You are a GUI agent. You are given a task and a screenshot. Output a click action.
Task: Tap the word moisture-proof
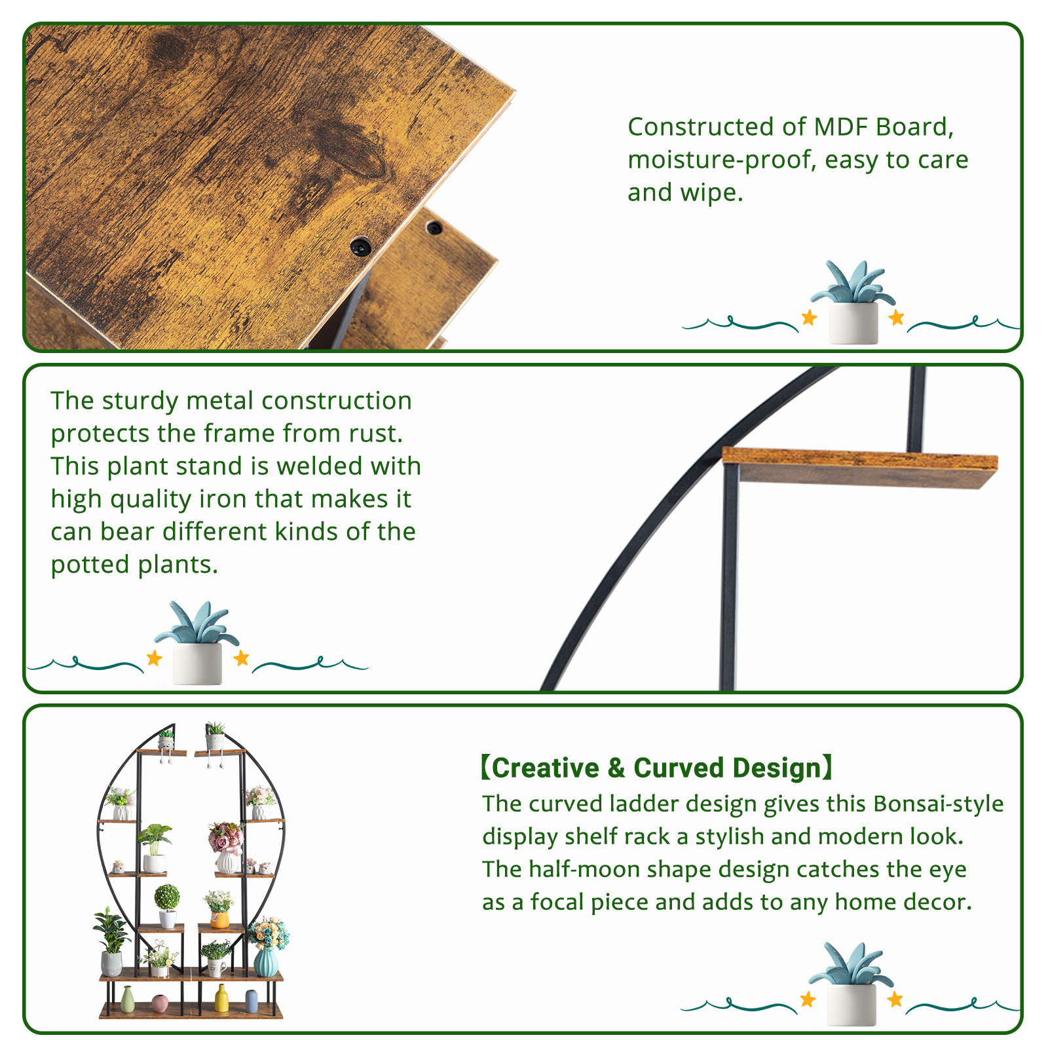(x=720, y=160)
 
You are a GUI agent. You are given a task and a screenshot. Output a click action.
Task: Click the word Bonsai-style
(x=938, y=804)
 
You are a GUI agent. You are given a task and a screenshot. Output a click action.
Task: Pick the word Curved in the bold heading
(x=679, y=768)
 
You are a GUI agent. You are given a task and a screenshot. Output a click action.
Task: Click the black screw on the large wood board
(x=360, y=247)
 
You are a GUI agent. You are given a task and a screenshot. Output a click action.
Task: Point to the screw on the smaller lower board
(x=434, y=228)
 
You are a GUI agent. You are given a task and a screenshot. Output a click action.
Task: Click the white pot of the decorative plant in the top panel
(x=853, y=322)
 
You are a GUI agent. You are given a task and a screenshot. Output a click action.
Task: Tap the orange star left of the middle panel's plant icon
(x=154, y=658)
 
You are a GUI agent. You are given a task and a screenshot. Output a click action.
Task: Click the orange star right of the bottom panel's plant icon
(x=895, y=1000)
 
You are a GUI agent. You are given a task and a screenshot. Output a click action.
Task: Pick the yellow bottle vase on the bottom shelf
(x=221, y=998)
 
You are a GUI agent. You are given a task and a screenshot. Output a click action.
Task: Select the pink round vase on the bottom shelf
(x=160, y=1003)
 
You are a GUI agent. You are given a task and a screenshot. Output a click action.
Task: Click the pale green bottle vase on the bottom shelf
(x=128, y=1000)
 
